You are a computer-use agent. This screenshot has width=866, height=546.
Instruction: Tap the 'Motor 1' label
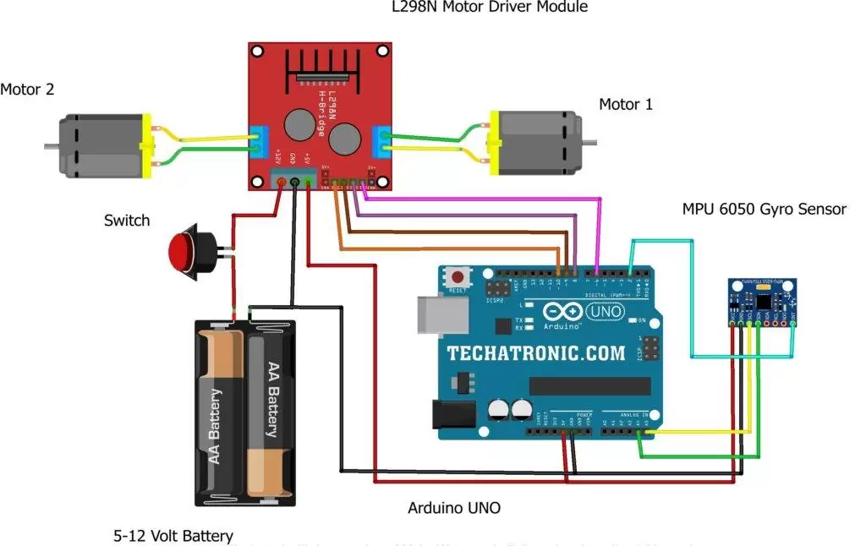[x=626, y=105]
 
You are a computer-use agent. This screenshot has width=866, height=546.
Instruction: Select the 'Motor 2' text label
[x=27, y=89]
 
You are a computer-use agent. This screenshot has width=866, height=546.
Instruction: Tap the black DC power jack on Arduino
[x=450, y=415]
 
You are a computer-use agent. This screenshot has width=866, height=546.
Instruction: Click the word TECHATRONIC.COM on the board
[x=536, y=353]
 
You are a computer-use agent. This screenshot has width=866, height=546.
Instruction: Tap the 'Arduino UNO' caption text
[x=454, y=508]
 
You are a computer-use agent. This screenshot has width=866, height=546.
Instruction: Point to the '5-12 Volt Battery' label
[x=173, y=535]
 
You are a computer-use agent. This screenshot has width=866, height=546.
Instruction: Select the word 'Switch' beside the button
[x=127, y=221]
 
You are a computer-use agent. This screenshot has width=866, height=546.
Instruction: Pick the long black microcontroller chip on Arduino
[x=589, y=385]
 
